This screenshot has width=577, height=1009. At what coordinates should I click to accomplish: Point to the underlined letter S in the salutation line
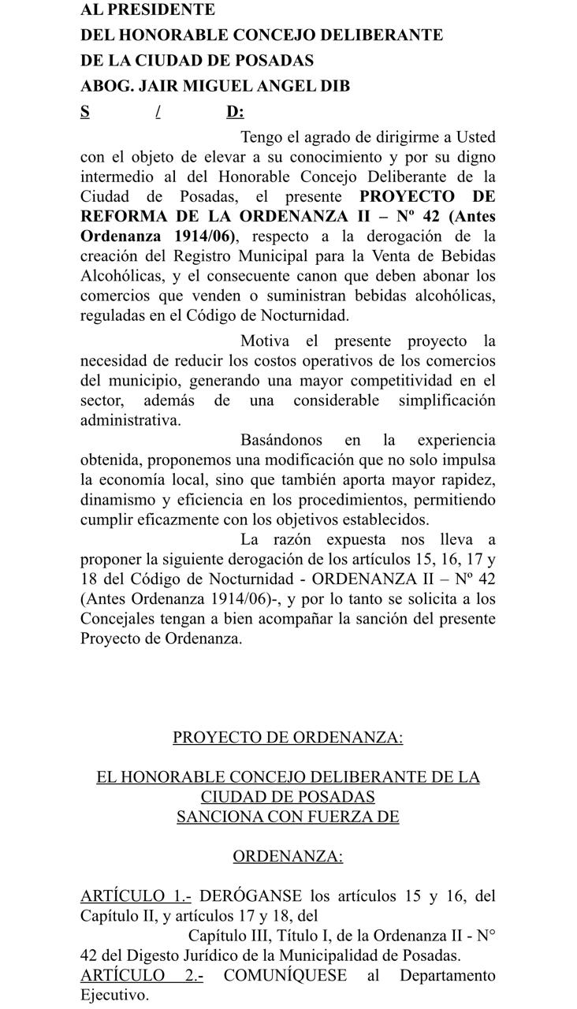click(x=84, y=111)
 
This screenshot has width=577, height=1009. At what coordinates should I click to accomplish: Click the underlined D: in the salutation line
click(x=235, y=111)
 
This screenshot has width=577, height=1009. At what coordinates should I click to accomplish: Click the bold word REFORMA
click(x=123, y=216)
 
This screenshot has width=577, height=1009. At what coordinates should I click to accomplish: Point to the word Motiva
click(x=265, y=341)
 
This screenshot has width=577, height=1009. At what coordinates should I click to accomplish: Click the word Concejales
click(x=121, y=619)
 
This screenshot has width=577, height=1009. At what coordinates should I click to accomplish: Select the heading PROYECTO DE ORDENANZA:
click(x=288, y=738)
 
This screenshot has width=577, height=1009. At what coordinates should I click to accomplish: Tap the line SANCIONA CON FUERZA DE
click(x=288, y=817)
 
